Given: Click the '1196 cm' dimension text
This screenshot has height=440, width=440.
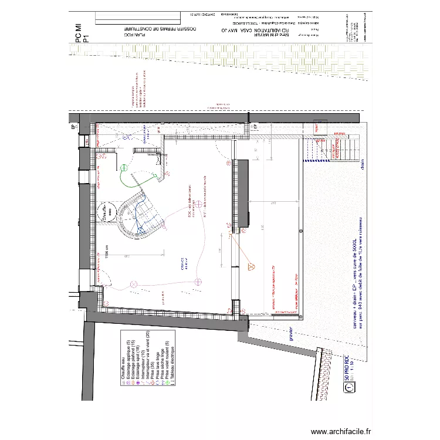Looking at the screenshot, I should click(x=107, y=252).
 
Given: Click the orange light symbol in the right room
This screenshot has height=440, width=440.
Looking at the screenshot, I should click(x=253, y=265).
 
